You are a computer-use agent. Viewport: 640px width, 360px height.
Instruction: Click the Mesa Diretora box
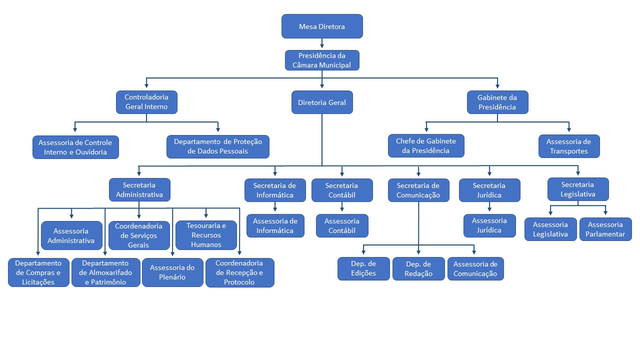(x=322, y=26)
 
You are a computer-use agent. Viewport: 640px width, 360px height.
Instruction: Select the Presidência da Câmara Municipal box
(x=322, y=60)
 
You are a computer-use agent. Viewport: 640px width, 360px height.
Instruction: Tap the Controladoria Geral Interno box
(x=146, y=102)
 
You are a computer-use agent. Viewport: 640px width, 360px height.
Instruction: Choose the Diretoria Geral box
(x=322, y=102)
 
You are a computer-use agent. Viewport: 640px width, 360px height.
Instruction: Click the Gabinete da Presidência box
(x=497, y=102)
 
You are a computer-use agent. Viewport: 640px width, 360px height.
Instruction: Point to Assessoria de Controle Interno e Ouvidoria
(x=75, y=147)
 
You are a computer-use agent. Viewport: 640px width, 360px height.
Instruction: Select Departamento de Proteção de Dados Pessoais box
(x=218, y=146)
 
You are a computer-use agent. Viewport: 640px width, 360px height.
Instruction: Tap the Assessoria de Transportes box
(x=569, y=146)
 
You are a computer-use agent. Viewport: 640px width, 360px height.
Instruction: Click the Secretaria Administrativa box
(x=139, y=190)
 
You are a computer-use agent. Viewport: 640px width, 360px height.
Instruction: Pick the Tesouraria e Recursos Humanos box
(x=206, y=235)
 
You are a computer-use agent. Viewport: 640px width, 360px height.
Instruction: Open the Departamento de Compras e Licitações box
(x=38, y=272)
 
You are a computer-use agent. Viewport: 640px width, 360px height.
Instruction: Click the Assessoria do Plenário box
(x=172, y=272)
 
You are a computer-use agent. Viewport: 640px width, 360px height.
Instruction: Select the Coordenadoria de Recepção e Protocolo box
(x=240, y=272)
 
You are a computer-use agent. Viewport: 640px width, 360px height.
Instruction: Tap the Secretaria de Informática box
(x=275, y=190)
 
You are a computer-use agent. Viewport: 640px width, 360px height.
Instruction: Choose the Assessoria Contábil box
(x=342, y=225)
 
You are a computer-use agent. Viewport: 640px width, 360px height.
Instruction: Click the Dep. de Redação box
(x=418, y=268)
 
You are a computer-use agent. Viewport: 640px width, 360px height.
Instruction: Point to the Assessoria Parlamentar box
(x=605, y=229)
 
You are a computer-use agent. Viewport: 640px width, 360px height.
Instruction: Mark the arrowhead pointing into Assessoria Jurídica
(x=489, y=210)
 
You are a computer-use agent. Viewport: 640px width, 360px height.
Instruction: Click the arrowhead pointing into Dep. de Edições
(x=364, y=252)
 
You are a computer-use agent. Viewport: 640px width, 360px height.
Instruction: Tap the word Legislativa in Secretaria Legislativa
(x=578, y=194)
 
